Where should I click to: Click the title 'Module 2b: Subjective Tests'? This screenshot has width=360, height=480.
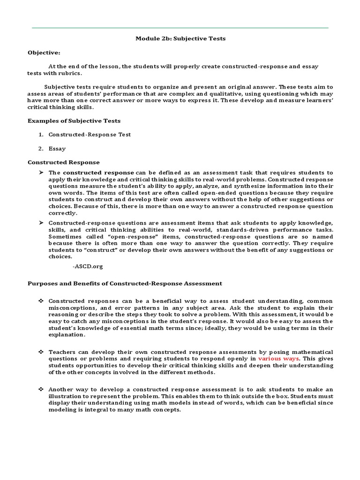[x=180, y=38]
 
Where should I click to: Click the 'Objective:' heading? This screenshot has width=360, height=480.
[x=44, y=52]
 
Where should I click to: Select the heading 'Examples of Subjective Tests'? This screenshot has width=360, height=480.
[x=74, y=120]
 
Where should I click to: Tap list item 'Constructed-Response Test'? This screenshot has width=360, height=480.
[x=90, y=135]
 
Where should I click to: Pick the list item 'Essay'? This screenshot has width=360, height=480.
[x=57, y=149]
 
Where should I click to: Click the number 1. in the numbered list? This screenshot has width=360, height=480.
[x=41, y=135]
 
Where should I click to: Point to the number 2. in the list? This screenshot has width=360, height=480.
[x=41, y=149]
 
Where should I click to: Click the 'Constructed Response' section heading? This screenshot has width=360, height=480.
[x=64, y=162]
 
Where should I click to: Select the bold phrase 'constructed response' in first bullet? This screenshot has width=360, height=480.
[x=102, y=172]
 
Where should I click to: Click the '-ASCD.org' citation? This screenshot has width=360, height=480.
[x=88, y=266]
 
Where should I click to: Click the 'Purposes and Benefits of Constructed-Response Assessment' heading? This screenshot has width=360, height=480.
[x=125, y=284]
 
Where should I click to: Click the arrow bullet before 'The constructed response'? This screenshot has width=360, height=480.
[x=41, y=172]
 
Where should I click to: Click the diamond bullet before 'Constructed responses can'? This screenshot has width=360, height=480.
[x=41, y=301]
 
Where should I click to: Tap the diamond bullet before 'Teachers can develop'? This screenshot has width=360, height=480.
[x=41, y=352]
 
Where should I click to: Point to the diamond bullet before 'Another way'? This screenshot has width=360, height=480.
[x=41, y=390]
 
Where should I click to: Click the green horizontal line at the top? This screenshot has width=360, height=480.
[x=180, y=28]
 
